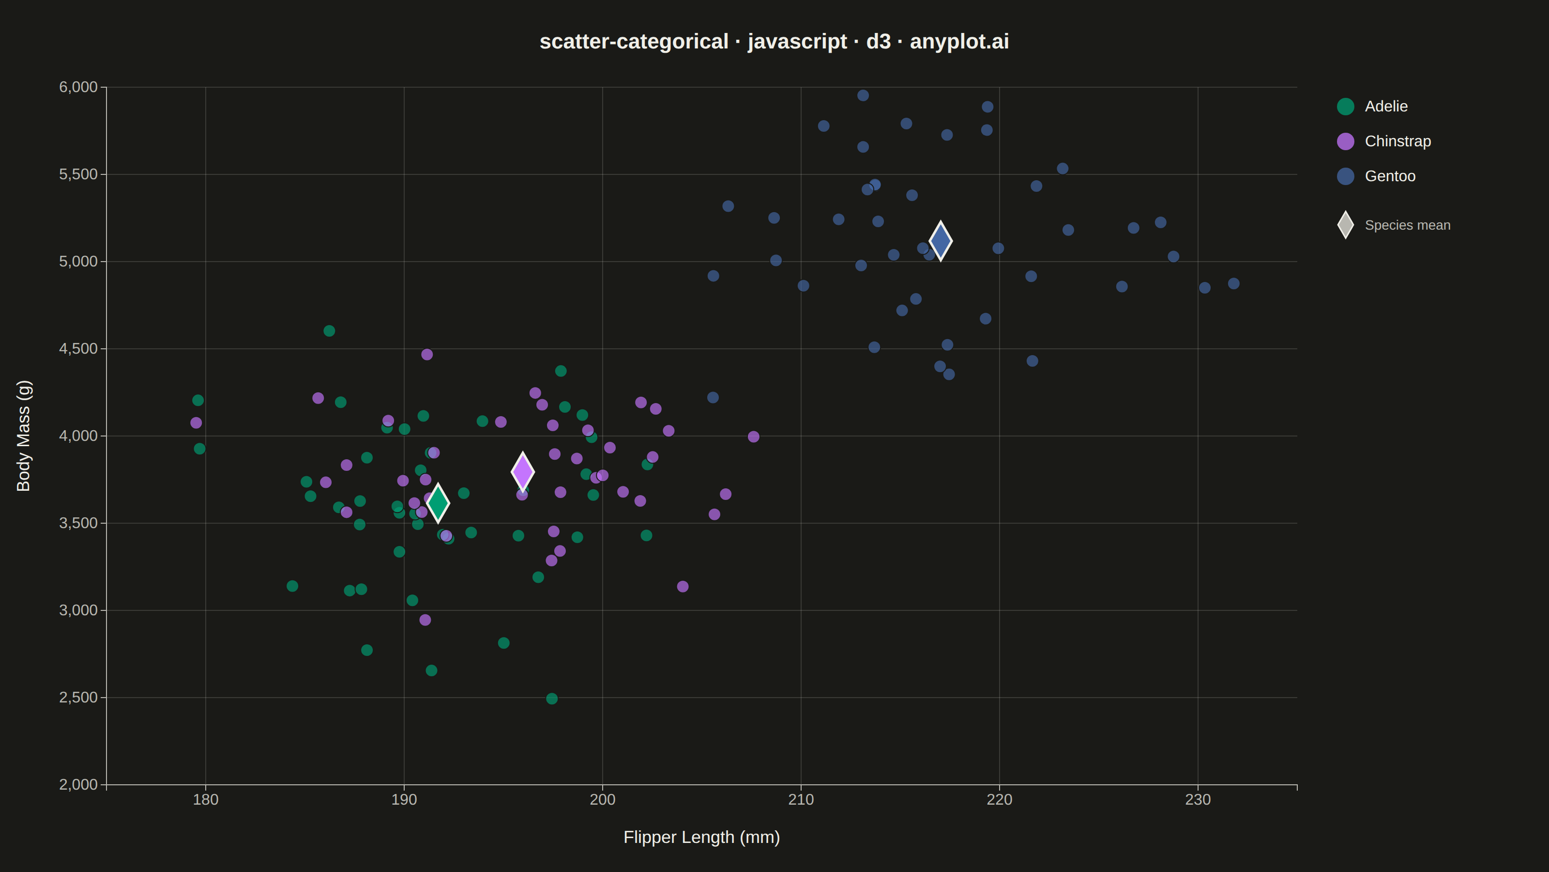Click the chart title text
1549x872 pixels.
point(774,42)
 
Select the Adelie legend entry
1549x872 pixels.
point(1372,107)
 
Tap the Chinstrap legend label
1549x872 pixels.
point(1397,141)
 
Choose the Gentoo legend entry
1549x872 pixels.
point(1376,176)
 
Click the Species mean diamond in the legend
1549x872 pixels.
point(1346,225)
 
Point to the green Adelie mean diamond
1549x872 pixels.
point(438,502)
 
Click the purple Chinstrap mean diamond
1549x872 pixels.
point(523,472)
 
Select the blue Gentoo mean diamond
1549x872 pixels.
point(941,241)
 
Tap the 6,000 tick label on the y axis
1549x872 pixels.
point(78,87)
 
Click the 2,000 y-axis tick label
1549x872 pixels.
point(78,785)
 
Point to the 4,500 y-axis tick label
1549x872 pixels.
point(78,349)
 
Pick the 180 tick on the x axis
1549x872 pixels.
point(206,800)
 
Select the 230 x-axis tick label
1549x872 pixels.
point(1198,800)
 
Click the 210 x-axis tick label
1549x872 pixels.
point(801,800)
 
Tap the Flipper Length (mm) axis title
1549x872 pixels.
point(702,837)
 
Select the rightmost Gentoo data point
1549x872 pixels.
point(1234,283)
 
